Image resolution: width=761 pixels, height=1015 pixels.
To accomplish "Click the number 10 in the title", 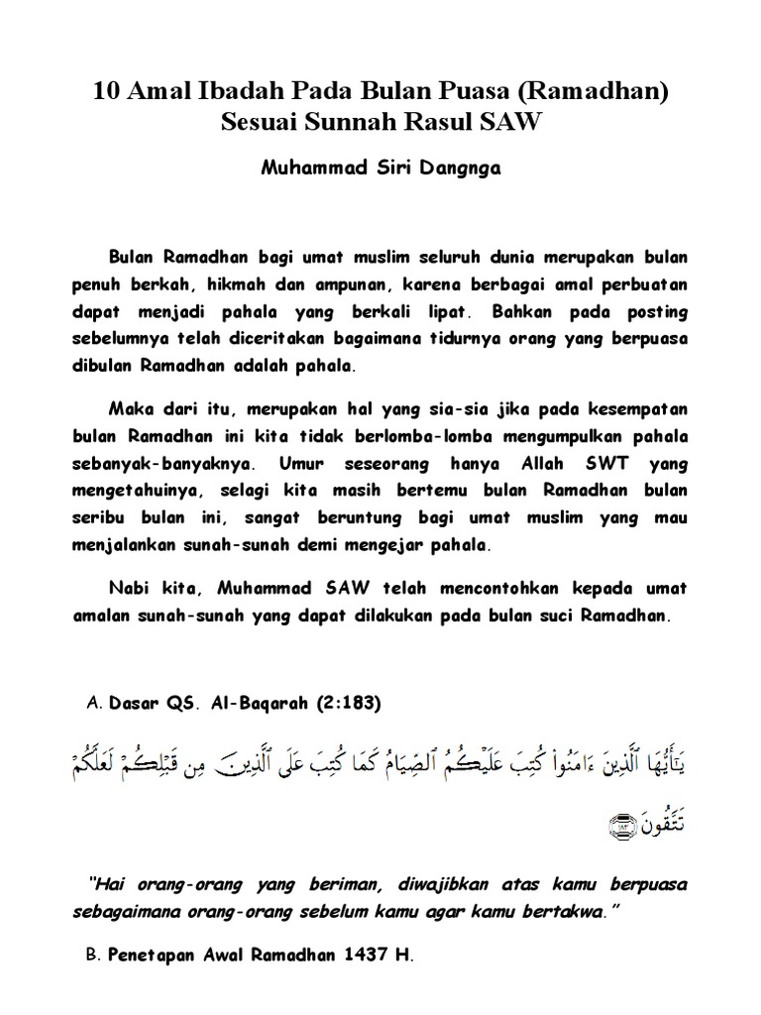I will point(104,93).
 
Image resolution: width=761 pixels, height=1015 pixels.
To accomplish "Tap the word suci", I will point(567,615).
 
